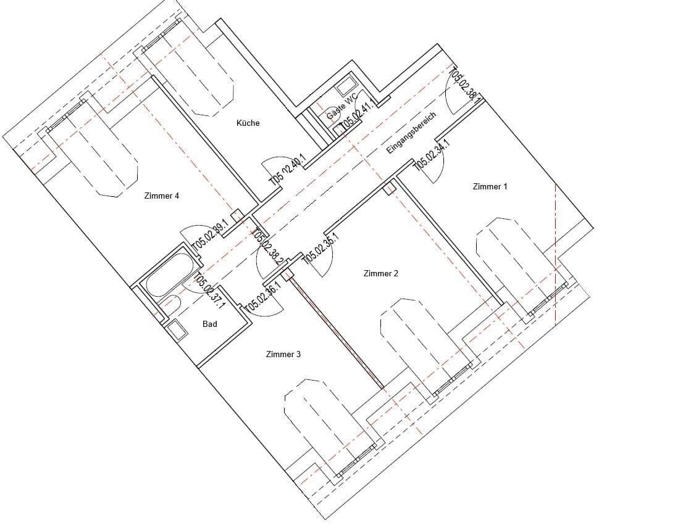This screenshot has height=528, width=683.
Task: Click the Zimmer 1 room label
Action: coord(490,186)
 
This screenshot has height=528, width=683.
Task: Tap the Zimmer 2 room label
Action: coord(381,273)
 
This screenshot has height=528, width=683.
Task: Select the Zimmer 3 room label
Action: coord(283,354)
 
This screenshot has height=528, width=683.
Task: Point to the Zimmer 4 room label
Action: coord(161,196)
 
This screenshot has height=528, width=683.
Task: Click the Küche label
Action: coord(248,123)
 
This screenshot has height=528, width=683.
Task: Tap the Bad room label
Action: coord(210,324)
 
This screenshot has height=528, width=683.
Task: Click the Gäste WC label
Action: coord(342,105)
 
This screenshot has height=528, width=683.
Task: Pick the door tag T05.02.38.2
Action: coord(269,246)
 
